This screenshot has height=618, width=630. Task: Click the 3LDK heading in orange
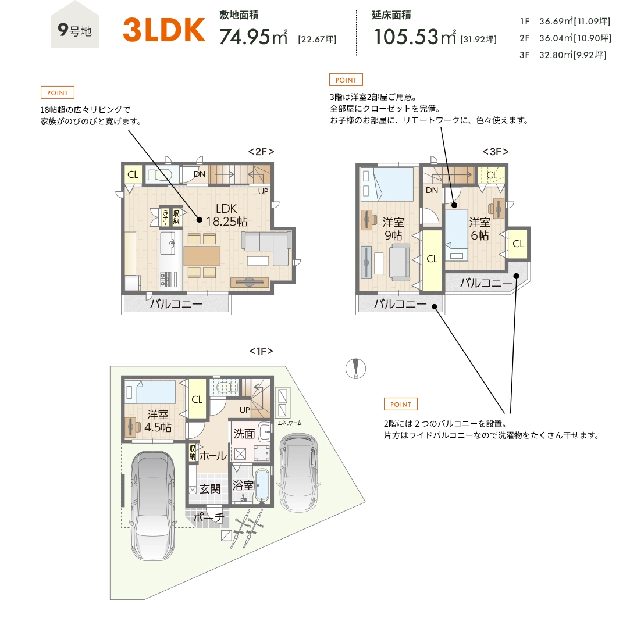tap(164, 30)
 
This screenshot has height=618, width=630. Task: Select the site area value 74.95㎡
tap(254, 37)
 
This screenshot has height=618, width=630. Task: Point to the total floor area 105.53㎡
tap(415, 37)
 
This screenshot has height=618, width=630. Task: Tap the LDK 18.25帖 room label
tap(227, 215)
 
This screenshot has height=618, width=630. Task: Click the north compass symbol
tap(355, 368)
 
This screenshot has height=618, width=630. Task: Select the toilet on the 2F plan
tap(159, 174)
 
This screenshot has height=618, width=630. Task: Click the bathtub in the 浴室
tap(262, 485)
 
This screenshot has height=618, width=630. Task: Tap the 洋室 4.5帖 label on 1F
tap(158, 421)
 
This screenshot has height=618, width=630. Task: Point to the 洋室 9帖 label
tap(393, 228)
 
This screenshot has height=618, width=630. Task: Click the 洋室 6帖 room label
tap(480, 228)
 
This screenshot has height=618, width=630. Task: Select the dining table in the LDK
tap(202, 256)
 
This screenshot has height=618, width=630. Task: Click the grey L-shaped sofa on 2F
tap(266, 248)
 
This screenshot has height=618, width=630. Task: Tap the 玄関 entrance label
tap(210, 489)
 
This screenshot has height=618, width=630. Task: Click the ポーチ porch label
tap(208, 517)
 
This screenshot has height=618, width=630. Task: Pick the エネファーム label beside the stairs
tap(290, 423)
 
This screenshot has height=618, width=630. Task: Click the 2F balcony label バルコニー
tap(176, 303)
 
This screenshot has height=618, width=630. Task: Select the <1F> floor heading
tap(261, 351)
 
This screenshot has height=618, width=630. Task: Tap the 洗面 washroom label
tap(244, 434)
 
